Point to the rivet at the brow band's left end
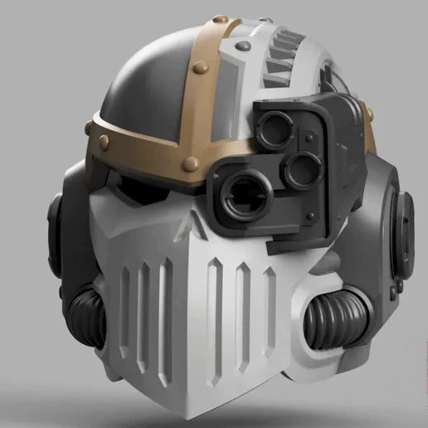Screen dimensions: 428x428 pos(90,125)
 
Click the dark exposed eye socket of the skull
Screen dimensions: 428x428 pos(141,189)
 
